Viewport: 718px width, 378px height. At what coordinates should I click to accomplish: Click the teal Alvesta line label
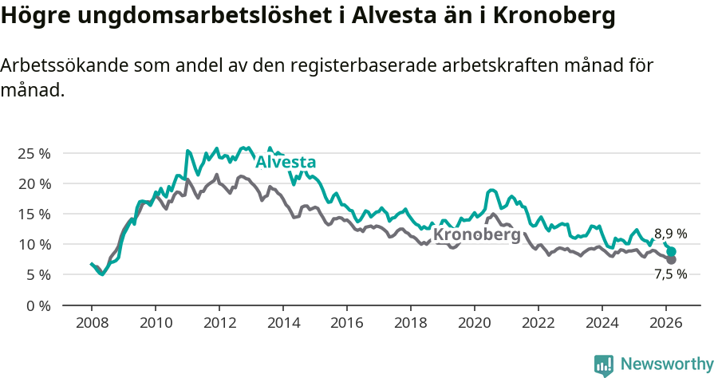[285, 163]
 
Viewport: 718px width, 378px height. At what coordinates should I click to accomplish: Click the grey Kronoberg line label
[476, 235]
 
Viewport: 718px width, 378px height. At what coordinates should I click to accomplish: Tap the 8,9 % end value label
[670, 234]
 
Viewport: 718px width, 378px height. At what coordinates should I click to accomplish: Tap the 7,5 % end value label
[670, 274]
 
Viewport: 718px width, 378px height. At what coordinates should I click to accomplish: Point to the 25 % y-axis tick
[34, 153]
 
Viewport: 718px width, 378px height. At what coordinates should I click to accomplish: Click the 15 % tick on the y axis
[34, 214]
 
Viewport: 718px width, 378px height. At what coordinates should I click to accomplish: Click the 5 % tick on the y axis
[38, 274]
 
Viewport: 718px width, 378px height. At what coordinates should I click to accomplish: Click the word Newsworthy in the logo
[666, 364]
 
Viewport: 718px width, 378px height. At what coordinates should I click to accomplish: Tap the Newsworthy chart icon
[604, 365]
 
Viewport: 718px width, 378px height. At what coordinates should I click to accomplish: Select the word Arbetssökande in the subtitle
[66, 65]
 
